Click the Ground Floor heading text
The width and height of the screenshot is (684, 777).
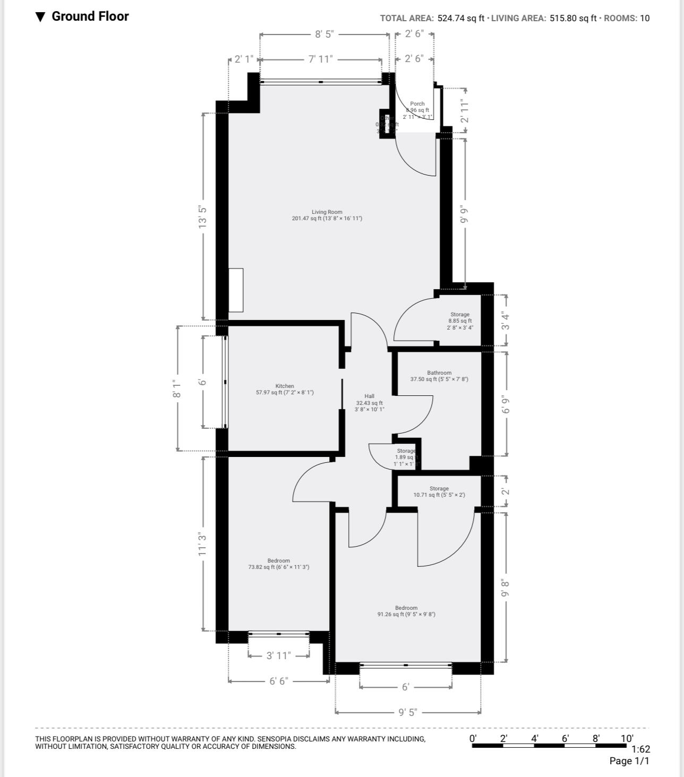click(x=90, y=16)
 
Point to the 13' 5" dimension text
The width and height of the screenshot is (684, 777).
click(x=202, y=217)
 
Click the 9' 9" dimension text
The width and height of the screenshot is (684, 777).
click(x=465, y=214)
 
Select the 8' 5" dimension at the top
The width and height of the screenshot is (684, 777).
click(x=324, y=34)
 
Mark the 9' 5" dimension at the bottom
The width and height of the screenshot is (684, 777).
click(x=407, y=712)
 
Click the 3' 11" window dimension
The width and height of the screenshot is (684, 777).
click(x=278, y=655)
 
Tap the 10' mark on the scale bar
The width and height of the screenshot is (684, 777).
click(x=627, y=738)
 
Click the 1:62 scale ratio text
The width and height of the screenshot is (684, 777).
click(x=640, y=749)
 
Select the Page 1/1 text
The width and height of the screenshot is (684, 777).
click(x=629, y=761)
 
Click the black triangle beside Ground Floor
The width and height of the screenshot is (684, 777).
click(x=40, y=17)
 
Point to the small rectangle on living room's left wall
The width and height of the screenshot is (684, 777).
click(x=236, y=290)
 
